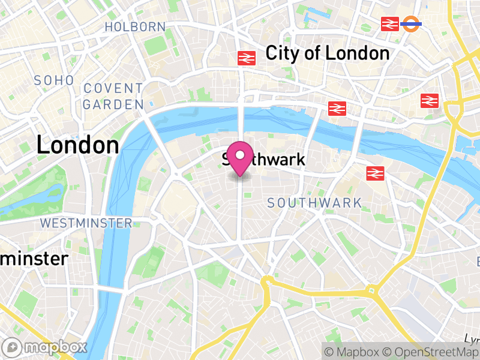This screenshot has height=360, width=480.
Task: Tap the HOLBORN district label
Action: [135, 26]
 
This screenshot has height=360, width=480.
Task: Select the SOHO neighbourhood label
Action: [54, 80]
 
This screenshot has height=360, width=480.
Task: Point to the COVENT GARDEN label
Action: [113, 96]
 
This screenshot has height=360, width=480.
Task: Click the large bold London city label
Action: [78, 145]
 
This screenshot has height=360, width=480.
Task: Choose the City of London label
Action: [328, 53]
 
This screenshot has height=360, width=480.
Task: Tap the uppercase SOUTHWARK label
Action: [314, 203]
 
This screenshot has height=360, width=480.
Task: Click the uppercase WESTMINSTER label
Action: [86, 223]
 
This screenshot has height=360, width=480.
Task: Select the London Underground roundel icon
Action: [412, 24]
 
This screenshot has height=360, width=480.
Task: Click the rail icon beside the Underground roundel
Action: [390, 24]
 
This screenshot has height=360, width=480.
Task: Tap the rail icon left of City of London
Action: [247, 58]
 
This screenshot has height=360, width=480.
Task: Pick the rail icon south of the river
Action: [376, 173]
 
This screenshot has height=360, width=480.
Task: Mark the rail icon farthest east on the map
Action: [430, 100]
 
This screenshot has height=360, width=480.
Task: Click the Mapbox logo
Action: [46, 347]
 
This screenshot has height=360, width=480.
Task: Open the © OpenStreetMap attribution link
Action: [431, 351]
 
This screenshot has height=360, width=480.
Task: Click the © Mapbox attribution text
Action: [354, 351]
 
